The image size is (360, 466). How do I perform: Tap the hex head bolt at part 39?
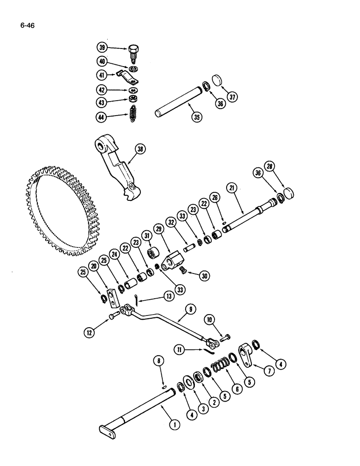132,50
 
